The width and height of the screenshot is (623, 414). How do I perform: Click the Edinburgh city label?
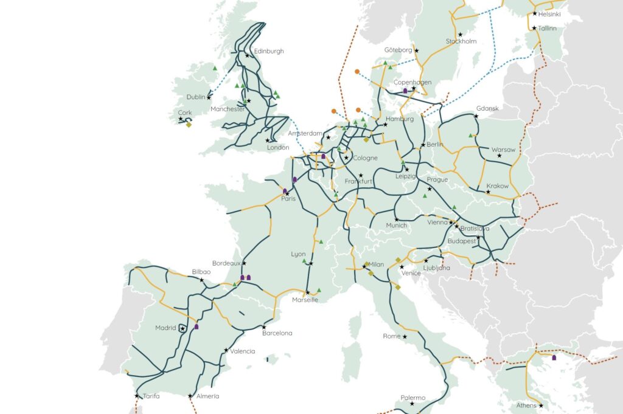pos(269,51)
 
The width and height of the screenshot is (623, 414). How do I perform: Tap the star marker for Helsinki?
pos(535,13)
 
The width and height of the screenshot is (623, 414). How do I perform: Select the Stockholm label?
pos(461,41)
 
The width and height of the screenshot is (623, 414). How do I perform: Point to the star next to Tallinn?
pos(534,28)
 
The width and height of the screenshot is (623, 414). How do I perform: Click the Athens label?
pos(525,405)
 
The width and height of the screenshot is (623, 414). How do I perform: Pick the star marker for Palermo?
pos(412,404)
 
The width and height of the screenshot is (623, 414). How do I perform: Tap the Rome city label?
pos(392,336)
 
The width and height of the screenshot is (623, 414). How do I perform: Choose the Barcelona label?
pos(277,333)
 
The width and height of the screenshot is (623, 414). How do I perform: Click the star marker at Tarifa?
pos(137,396)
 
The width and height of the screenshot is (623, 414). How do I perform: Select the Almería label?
pos(207,396)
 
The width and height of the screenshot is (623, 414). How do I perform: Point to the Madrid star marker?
pos(183,328)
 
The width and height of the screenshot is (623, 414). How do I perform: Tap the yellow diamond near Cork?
pos(189,125)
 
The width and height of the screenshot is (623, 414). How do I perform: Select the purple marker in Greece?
pos(554,358)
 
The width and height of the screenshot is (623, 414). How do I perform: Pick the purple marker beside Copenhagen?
pos(405,91)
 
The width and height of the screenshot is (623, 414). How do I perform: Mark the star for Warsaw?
pos(499,156)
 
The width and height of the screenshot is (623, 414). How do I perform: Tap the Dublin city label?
pos(197,97)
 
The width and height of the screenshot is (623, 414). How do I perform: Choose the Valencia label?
pos(243,351)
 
